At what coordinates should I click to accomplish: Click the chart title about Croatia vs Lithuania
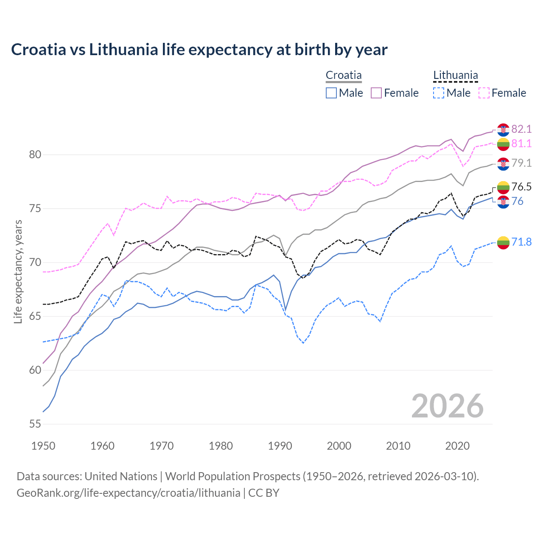click(199, 50)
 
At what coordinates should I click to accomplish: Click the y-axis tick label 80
click(35, 155)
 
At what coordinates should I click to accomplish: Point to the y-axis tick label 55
click(35, 424)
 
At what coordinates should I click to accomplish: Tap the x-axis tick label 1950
click(43, 446)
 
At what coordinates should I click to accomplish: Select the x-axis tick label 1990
click(280, 446)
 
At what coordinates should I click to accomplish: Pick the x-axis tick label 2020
click(457, 446)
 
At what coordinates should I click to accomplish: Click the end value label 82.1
click(521, 129)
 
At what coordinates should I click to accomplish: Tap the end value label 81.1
click(521, 144)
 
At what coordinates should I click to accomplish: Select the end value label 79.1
click(521, 163)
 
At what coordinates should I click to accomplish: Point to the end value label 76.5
click(521, 187)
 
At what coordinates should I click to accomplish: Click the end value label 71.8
click(521, 242)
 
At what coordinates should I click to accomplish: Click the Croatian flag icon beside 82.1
click(503, 129)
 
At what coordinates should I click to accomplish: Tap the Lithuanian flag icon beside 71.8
click(503, 243)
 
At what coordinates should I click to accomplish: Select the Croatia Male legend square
click(331, 93)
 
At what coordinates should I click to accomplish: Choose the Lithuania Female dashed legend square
click(484, 93)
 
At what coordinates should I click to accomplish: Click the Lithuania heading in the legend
click(455, 76)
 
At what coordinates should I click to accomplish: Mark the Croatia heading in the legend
click(344, 76)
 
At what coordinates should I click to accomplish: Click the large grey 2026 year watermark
click(447, 406)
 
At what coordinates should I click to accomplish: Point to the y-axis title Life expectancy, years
click(18, 271)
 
